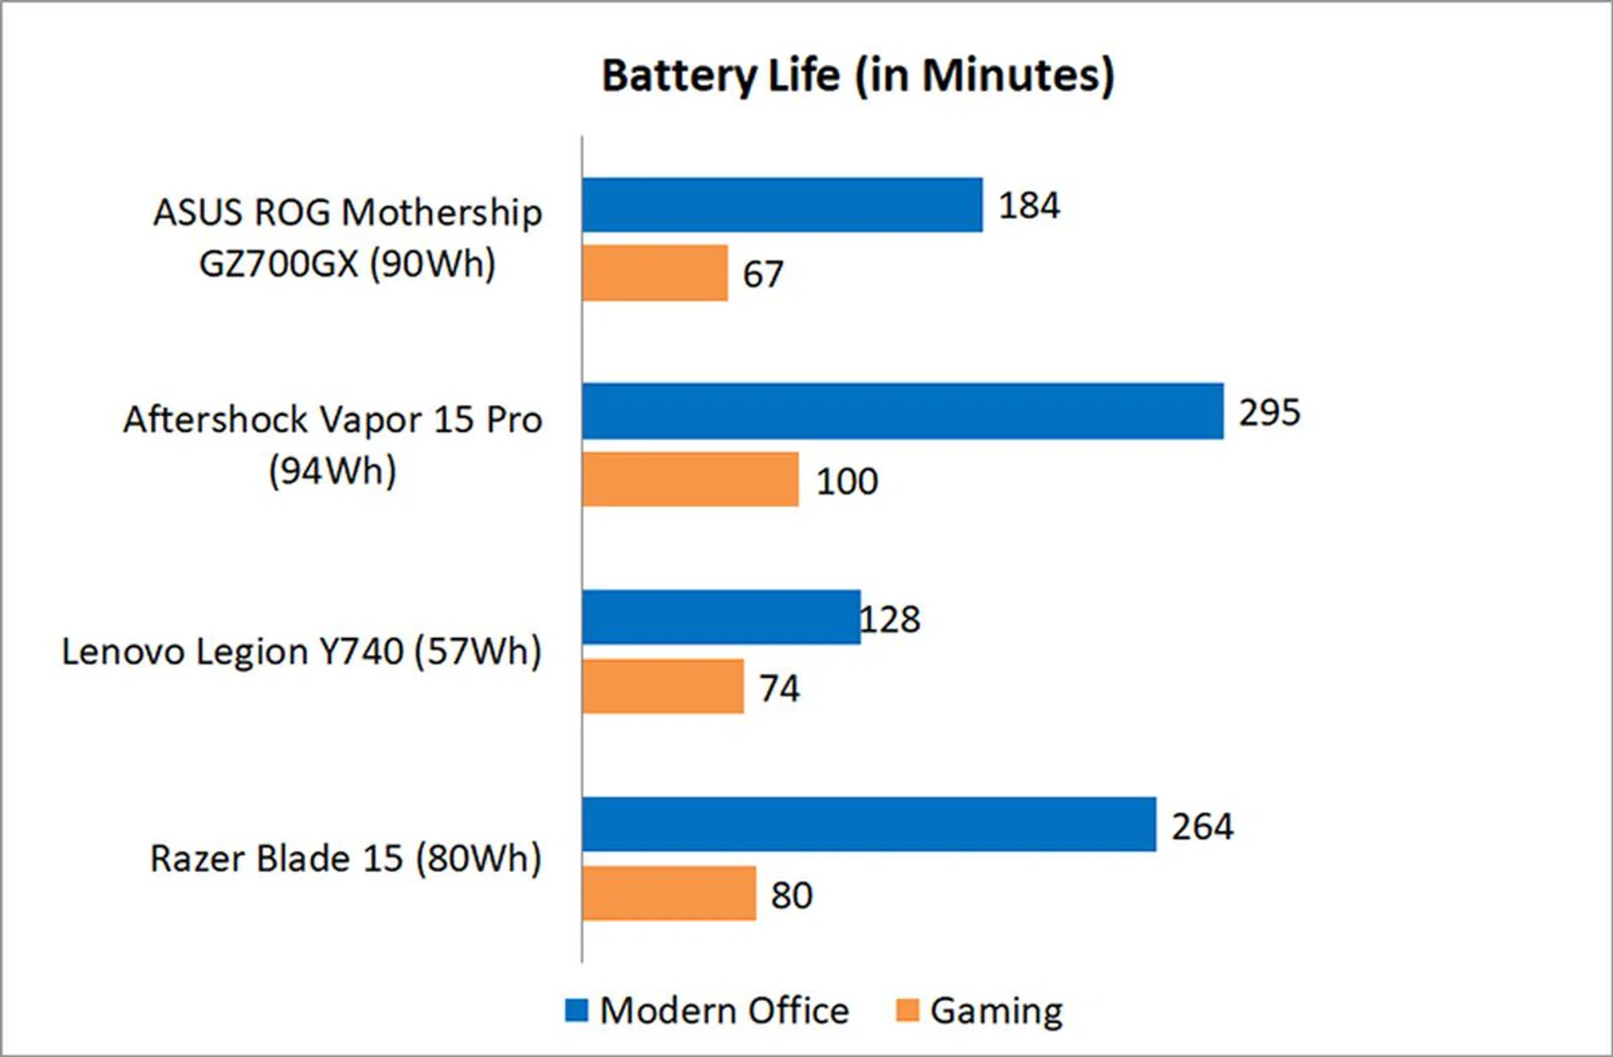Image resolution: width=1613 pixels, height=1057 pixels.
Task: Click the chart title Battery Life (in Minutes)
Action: pos(858,76)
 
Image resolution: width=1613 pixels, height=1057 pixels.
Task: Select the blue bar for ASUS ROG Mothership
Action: pos(782,205)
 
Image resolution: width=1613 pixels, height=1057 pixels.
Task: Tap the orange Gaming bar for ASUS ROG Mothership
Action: pos(654,273)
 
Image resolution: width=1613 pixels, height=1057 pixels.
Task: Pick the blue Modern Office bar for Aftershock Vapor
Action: pos(902,412)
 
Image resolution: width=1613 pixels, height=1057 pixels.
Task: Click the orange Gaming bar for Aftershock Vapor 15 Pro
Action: pos(690,480)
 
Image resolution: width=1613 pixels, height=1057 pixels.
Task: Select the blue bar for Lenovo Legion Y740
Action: pos(721,618)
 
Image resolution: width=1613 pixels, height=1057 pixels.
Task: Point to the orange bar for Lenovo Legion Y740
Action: pos(663,686)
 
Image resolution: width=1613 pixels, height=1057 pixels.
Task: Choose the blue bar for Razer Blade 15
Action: pos(869,824)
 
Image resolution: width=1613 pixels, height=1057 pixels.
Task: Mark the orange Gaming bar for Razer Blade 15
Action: pos(669,893)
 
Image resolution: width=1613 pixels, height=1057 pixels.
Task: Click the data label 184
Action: pos(1029,206)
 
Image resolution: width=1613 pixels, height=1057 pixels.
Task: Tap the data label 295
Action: pos(1269,413)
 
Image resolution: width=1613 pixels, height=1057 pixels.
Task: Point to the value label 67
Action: pos(763,275)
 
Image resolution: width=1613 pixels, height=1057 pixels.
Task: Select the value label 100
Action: pos(847,481)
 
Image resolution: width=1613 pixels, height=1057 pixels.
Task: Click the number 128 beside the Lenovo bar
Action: pos(891,619)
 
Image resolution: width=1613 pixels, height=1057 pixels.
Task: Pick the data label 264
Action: pos(1202,827)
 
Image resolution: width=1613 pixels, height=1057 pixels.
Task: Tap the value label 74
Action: pos(779,688)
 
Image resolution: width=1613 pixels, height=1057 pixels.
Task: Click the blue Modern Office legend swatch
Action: pos(576,1010)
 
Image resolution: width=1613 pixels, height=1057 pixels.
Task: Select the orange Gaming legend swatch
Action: pos(907,1010)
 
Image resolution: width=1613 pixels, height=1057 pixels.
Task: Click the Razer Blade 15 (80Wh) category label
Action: pos(345,859)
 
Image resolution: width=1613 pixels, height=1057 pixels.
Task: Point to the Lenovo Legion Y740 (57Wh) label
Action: pos(302,652)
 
